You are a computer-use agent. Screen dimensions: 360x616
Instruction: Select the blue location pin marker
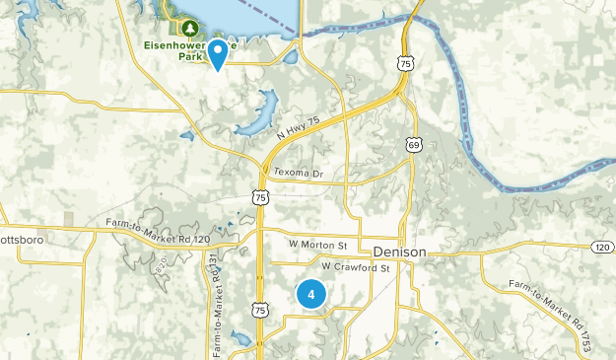click(216, 53)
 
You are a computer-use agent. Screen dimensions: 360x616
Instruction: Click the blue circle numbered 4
click(311, 294)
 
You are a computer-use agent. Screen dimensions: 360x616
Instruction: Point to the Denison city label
click(400, 252)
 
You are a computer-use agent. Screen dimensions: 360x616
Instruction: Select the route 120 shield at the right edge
click(602, 247)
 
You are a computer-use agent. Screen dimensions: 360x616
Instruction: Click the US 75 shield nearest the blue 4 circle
click(259, 310)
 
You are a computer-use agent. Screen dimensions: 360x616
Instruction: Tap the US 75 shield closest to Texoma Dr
click(259, 197)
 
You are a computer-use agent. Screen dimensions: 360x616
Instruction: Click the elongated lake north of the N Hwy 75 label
click(254, 113)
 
